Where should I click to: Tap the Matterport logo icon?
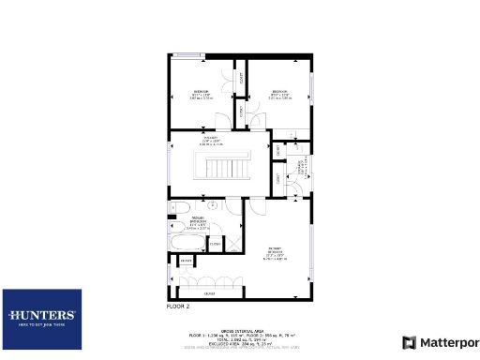click(x=410, y=342)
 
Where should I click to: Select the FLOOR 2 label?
click(x=178, y=306)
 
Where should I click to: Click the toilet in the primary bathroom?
click(x=180, y=207)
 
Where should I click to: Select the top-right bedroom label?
click(x=278, y=94)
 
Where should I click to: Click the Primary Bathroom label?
click(x=198, y=222)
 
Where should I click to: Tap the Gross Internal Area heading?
click(x=240, y=329)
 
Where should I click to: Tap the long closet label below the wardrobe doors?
click(x=209, y=293)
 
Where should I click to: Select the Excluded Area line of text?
click(x=240, y=344)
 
